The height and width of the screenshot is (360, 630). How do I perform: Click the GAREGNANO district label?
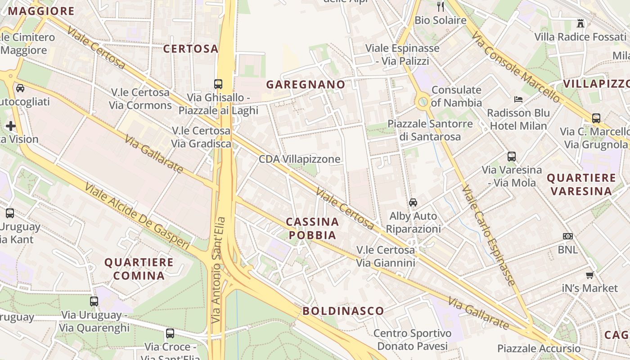(306, 84)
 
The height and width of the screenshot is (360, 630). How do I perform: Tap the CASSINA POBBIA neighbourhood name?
(312, 228)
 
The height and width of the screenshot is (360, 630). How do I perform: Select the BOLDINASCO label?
(343, 310)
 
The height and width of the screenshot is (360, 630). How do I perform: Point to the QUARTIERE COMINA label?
(139, 269)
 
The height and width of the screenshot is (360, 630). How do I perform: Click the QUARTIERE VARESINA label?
(581, 184)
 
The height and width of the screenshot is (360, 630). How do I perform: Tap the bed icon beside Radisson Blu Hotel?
(518, 99)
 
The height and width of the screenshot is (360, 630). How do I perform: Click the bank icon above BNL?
(568, 236)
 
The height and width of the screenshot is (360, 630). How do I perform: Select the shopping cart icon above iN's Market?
(589, 275)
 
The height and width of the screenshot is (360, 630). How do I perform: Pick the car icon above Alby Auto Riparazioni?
(413, 202)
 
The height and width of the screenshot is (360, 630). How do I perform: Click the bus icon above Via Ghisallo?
(218, 84)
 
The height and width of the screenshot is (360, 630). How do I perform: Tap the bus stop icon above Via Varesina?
(512, 157)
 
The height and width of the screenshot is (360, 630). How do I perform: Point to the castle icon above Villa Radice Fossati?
(580, 23)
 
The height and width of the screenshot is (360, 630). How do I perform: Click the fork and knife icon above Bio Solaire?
(441, 7)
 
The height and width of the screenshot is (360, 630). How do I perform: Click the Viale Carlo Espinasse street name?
(488, 236)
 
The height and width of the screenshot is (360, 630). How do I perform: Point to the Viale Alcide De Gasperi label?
(137, 216)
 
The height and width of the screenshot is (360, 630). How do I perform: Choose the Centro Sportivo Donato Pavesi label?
(412, 340)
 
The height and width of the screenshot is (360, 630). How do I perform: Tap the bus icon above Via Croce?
(170, 333)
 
